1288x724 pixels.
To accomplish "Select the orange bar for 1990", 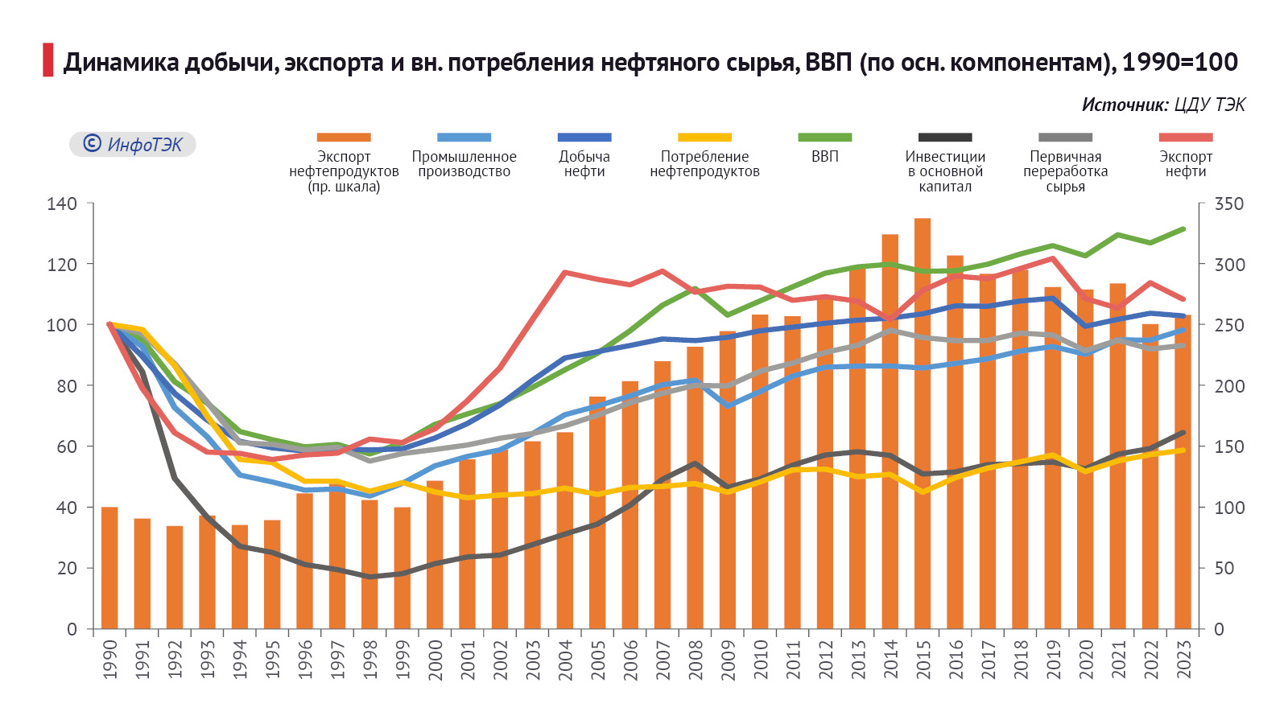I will click(x=109, y=568).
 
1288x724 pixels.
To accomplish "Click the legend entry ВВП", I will click(x=825, y=156).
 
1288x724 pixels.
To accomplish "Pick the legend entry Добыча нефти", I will click(x=584, y=163).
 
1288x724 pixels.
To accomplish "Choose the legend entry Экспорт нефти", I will click(x=1186, y=163).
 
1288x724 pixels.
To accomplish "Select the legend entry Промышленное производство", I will click(x=464, y=163).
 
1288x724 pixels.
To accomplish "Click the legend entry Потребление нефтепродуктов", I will click(x=704, y=163).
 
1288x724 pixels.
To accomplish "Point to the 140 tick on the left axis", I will click(x=62, y=204).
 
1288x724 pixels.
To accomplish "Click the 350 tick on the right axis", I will click(x=1228, y=204).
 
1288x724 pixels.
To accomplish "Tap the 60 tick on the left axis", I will click(x=67, y=446).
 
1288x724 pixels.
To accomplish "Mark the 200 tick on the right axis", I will click(x=1228, y=386).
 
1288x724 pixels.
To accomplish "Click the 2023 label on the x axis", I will click(x=1183, y=660).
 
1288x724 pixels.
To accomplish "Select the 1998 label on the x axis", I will click(x=370, y=660).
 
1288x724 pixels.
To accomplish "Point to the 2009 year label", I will click(x=728, y=660).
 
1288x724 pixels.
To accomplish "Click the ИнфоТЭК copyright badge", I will click(x=133, y=144).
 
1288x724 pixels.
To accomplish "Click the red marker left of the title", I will click(x=48, y=60).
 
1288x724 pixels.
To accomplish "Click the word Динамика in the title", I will click(x=121, y=62).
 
